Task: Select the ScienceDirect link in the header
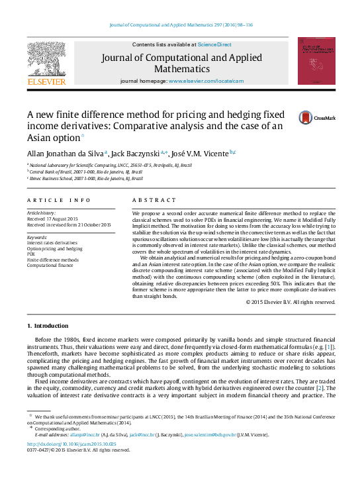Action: (214, 44)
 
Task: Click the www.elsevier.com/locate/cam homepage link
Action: (206, 80)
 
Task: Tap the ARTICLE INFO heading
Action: (58, 199)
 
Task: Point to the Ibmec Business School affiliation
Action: (86, 178)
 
